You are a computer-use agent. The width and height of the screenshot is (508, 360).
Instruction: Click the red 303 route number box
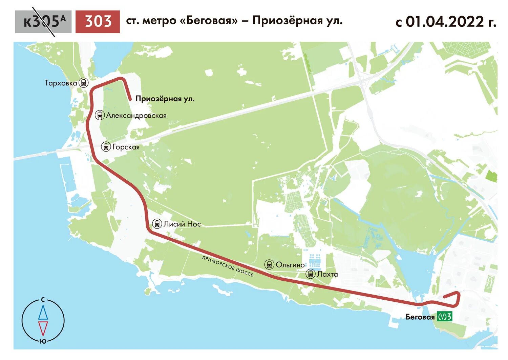tap(98, 22)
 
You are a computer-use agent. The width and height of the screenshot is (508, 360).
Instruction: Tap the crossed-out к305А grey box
tap(43, 22)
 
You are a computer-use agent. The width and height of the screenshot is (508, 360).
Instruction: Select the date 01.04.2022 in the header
tap(445, 22)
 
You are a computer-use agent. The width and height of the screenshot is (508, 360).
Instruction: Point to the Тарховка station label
tap(61, 83)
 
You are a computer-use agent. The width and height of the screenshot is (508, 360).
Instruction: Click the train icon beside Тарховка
tap(84, 82)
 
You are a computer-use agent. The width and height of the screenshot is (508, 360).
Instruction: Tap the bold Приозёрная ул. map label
tap(165, 99)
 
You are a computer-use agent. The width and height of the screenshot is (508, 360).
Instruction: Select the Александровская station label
tap(136, 116)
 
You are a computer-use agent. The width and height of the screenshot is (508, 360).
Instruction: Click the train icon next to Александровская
tap(100, 115)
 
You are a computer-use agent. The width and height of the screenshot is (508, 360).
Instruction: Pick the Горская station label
tap(126, 147)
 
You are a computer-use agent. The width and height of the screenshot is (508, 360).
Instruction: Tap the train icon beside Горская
tap(106, 146)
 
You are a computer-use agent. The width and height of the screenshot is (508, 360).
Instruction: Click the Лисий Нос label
tap(182, 224)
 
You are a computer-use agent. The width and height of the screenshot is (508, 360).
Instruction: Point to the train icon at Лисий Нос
tap(157, 224)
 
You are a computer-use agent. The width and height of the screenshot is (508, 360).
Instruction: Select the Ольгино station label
tap(290, 265)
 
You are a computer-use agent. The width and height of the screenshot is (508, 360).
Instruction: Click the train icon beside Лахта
tap(311, 274)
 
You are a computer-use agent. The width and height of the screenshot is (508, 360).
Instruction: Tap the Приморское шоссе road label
tap(228, 266)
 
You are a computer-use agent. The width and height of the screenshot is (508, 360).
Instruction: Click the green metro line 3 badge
tap(444, 317)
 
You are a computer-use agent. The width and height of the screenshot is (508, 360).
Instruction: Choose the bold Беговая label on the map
tap(420, 317)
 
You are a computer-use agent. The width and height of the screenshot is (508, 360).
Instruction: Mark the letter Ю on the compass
tap(43, 341)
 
